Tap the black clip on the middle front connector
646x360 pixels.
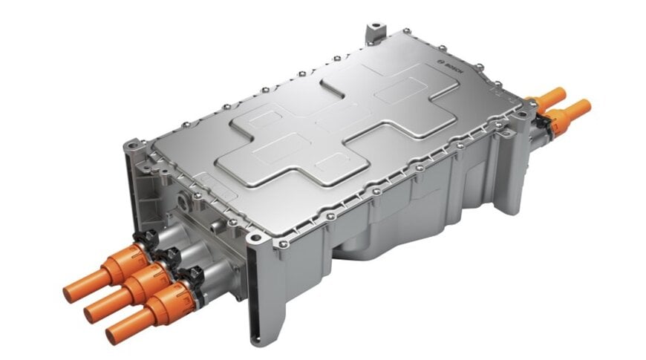click(x=168, y=260)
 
